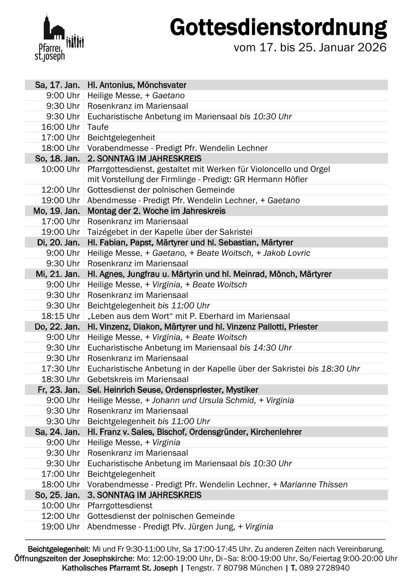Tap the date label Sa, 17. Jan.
coord(57,85)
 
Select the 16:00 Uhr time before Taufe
coord(60,127)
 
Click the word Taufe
coord(98,127)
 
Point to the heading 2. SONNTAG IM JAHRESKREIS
coord(144,158)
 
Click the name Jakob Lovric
coord(286,253)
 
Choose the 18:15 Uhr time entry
coord(60,316)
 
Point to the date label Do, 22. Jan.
coord(57,327)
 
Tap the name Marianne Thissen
coord(314,485)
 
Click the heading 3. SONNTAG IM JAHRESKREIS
coord(144,495)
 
